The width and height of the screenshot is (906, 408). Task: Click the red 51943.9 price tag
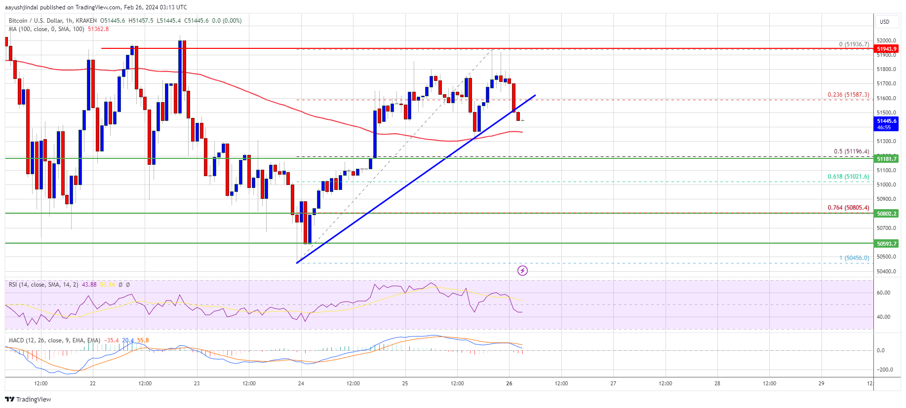[886, 49]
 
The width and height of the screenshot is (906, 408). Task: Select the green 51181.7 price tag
[886, 158]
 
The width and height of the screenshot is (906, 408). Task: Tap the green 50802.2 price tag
[886, 214]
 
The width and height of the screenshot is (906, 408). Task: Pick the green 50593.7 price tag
[886, 244]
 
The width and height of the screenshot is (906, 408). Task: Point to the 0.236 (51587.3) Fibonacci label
[848, 95]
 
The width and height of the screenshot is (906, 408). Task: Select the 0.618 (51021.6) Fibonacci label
[848, 177]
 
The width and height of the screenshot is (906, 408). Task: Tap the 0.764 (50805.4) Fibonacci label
[848, 208]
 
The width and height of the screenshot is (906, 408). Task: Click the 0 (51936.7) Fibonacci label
[854, 44]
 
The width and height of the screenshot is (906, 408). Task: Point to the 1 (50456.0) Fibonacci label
[854, 258]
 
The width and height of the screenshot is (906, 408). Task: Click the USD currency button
[884, 22]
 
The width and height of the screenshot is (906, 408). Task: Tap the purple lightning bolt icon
[522, 270]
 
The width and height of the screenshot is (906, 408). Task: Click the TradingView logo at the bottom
[28, 399]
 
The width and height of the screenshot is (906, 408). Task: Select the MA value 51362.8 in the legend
[98, 29]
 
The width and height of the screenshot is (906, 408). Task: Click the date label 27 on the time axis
[613, 383]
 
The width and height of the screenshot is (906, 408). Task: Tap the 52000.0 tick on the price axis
[886, 40]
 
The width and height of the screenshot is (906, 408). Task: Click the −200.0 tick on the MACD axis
[884, 370]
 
